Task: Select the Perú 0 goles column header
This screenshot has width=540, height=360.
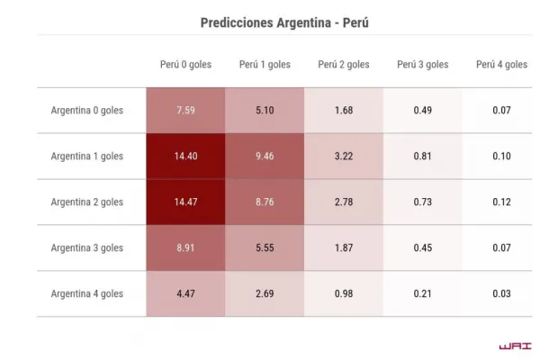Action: pyautogui.click(x=185, y=65)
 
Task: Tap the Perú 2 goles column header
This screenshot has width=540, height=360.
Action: pyautogui.click(x=344, y=65)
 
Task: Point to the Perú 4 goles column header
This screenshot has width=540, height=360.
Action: pyautogui.click(x=501, y=65)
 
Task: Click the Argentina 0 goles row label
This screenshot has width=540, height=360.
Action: pyautogui.click(x=87, y=111)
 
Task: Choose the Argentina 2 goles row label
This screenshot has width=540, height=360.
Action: pyautogui.click(x=87, y=202)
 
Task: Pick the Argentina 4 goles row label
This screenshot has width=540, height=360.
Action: pyautogui.click(x=87, y=294)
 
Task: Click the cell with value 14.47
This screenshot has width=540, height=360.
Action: pyautogui.click(x=185, y=202)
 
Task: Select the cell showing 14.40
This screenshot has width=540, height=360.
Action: pyautogui.click(x=185, y=157)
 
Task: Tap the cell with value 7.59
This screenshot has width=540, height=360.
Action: pyautogui.click(x=185, y=111)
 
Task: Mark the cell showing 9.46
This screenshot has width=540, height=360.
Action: pyautogui.click(x=265, y=157)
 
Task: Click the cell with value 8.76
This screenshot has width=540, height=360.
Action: pyautogui.click(x=265, y=202)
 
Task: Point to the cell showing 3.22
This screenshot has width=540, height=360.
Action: pyautogui.click(x=344, y=157)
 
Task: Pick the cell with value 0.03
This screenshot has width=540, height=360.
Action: pyautogui.click(x=501, y=294)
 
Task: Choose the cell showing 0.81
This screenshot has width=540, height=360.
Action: pyautogui.click(x=423, y=157)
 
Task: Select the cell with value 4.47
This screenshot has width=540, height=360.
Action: pyautogui.click(x=185, y=294)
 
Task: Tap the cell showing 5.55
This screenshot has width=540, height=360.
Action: pyautogui.click(x=265, y=248)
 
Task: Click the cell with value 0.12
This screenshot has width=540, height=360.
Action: pyautogui.click(x=501, y=202)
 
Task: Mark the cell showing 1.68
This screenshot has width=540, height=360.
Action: pyautogui.click(x=344, y=111)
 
